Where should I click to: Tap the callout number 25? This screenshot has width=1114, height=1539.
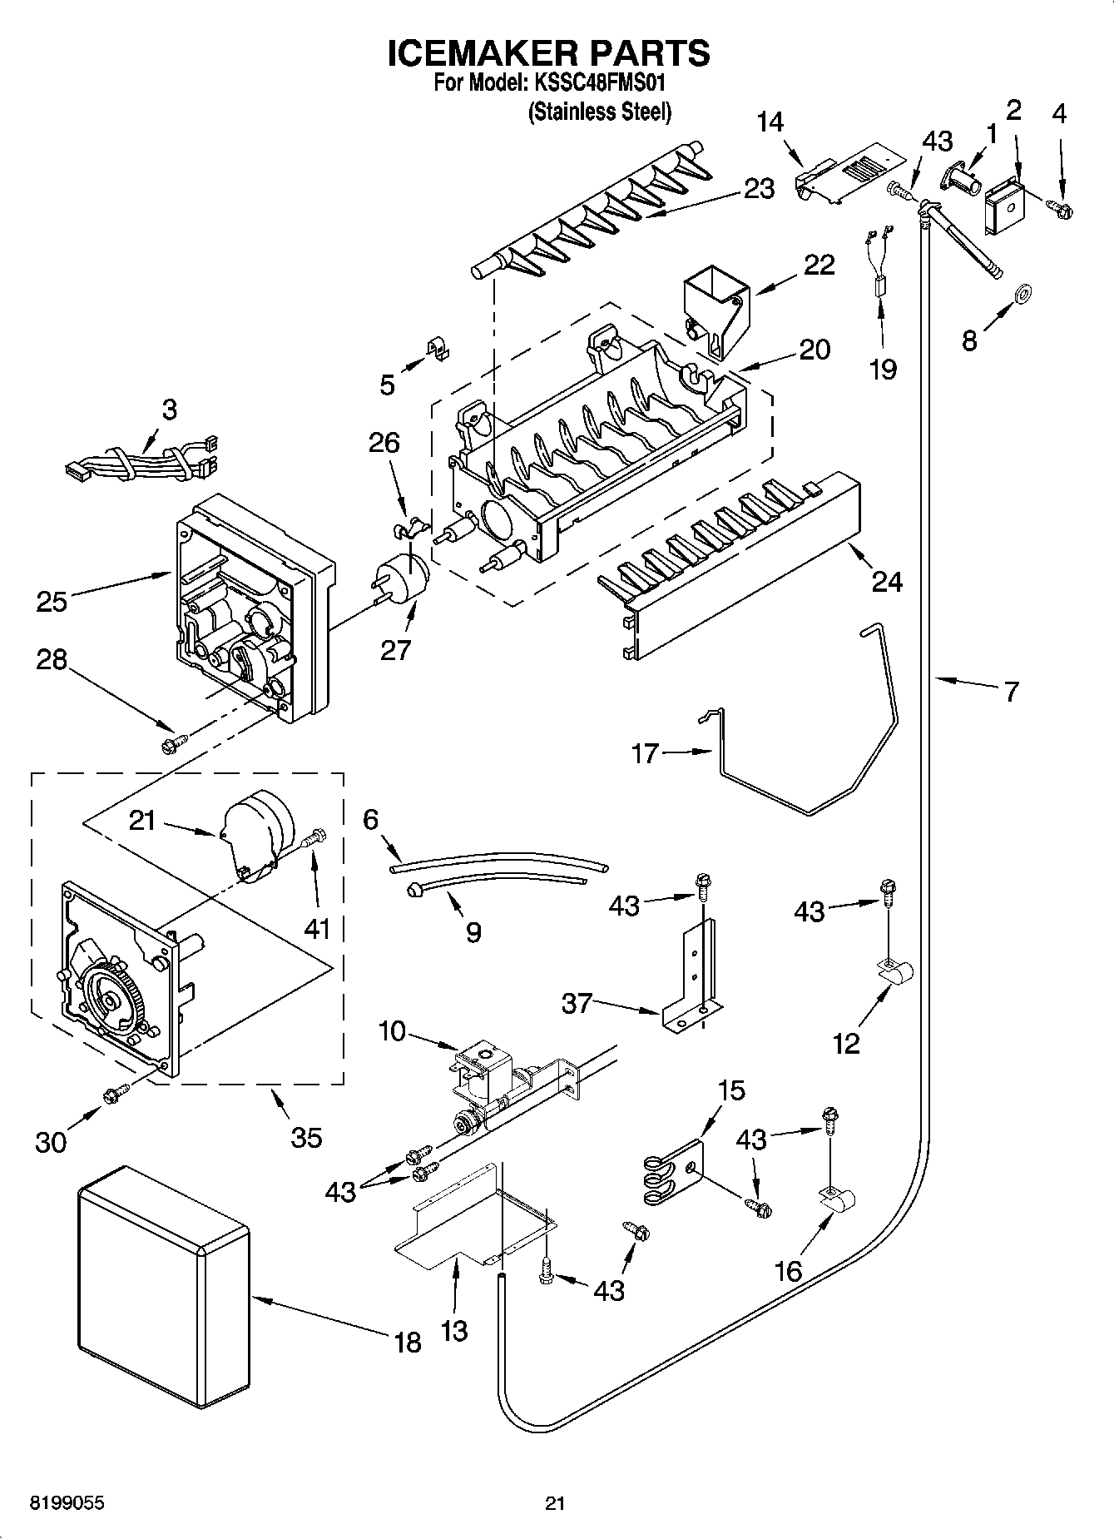tap(52, 600)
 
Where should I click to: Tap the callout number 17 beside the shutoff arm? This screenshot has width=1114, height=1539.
tap(645, 753)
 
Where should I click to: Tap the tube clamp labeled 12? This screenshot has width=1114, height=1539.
tap(894, 972)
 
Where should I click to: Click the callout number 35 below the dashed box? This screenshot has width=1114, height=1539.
tap(306, 1136)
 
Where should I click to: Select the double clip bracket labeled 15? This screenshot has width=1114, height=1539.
tap(672, 1174)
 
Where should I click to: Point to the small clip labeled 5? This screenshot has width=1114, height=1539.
tap(437, 350)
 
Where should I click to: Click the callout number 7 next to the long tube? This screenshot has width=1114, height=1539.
tap(1010, 691)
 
